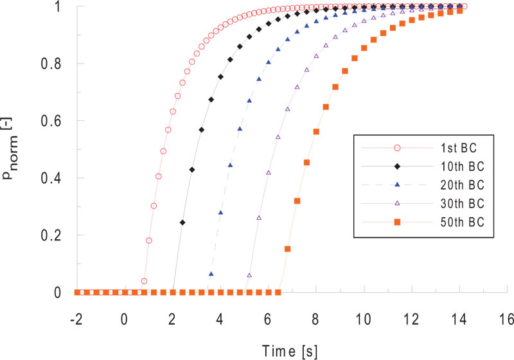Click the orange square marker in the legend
pos(397,222)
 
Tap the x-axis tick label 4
pos(220,319)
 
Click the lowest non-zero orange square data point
pos(288,248)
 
